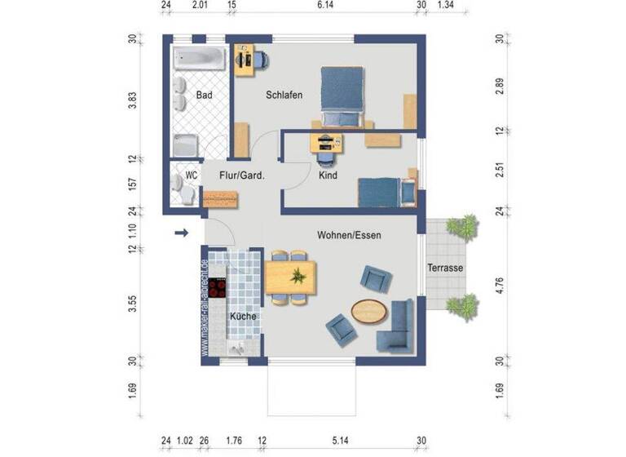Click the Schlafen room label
pyautogui.click(x=284, y=95)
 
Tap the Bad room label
pyautogui.click(x=205, y=95)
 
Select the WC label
pyautogui.click(x=192, y=175)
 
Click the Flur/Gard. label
pyautogui.click(x=241, y=175)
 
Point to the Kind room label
pyautogui.click(x=328, y=175)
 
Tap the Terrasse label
pyautogui.click(x=445, y=268)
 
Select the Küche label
pyautogui.click(x=243, y=316)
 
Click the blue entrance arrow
pyautogui.click(x=181, y=234)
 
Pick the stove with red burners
pyautogui.click(x=218, y=288)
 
